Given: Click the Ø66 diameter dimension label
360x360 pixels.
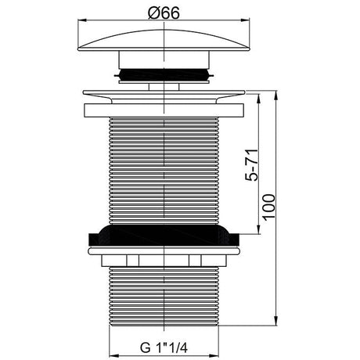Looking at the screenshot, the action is click(x=164, y=13).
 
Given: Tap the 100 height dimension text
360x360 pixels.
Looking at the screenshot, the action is click(x=269, y=207).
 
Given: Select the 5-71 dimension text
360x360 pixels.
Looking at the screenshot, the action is click(x=251, y=165).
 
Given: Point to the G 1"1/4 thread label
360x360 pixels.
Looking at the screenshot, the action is click(x=164, y=347).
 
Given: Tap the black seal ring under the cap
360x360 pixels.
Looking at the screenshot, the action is click(x=164, y=75).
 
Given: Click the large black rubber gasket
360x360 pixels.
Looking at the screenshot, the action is click(x=164, y=236).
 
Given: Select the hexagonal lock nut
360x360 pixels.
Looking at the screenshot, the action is click(x=164, y=261).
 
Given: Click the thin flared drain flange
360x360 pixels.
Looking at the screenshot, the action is click(x=164, y=96).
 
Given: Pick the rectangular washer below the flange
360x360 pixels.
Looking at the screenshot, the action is click(x=164, y=110).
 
